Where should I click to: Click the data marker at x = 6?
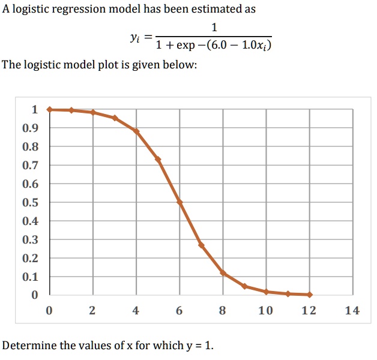tap(179, 202)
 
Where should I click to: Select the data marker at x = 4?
tap(136, 131)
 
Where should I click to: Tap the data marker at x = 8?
tap(223, 272)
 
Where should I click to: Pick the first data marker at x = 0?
tap(50, 109)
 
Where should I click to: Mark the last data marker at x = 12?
tap(309, 295)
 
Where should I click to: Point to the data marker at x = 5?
tap(158, 159)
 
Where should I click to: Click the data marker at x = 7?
tap(201, 245)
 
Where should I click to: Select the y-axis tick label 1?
tap(34, 110)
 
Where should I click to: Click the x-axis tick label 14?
tap(352, 311)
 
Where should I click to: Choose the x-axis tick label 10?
tap(265, 311)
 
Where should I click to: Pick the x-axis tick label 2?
tap(92, 311)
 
